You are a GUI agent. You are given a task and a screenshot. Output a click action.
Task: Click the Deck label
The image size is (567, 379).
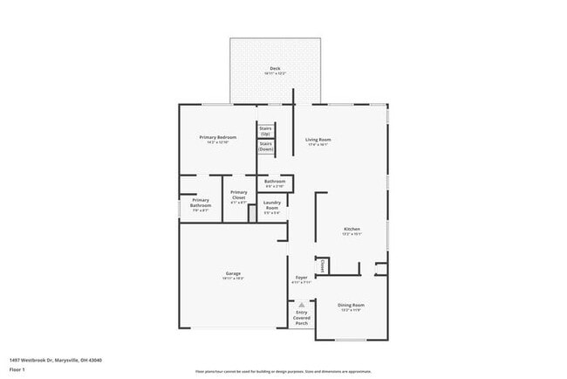(x=275, y=68)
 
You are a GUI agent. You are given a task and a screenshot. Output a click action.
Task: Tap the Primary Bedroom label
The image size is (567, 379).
(x=217, y=138)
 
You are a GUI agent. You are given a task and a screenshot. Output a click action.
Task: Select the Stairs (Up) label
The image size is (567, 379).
(x=266, y=130)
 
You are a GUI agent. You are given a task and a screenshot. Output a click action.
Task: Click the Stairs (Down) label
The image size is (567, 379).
(x=266, y=146)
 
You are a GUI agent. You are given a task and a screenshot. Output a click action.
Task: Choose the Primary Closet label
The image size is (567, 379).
(x=238, y=195)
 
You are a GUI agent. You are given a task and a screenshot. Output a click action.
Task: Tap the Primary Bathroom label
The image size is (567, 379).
(x=200, y=205)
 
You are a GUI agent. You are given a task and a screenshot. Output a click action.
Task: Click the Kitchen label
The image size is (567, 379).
(x=352, y=230)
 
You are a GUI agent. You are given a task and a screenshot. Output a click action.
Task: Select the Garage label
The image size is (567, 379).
(x=233, y=273)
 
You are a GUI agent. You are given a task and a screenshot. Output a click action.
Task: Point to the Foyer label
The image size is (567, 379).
(x=300, y=279)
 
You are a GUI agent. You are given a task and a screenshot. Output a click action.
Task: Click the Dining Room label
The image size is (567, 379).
(x=351, y=305)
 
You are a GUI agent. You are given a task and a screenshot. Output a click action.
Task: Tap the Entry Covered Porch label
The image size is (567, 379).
(x=301, y=317)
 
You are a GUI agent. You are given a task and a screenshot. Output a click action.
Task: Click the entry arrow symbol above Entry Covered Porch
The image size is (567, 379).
(x=301, y=304)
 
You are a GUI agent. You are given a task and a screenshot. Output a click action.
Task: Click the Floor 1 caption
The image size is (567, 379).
(x=17, y=369)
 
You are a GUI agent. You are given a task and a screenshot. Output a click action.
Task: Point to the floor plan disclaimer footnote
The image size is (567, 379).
(x=283, y=369)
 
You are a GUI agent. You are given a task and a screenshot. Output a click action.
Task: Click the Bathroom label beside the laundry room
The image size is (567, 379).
(x=275, y=182)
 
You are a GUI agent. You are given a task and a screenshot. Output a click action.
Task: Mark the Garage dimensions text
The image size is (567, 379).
(x=233, y=279)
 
